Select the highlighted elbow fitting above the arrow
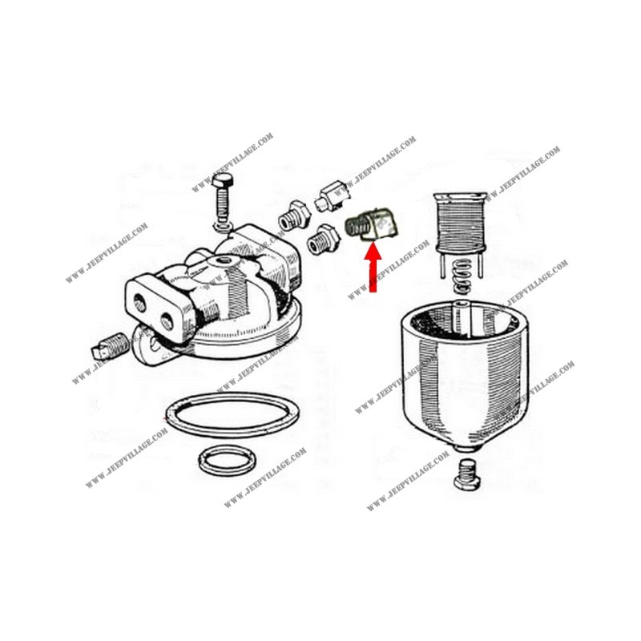373,224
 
